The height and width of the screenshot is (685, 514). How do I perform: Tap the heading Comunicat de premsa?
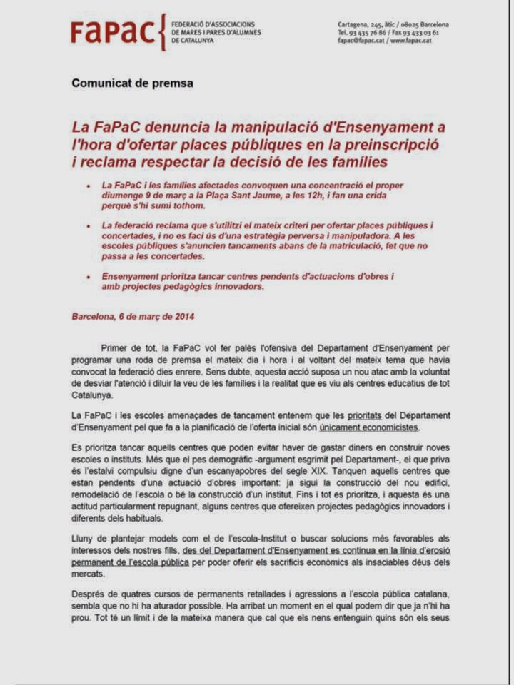(x=132, y=83)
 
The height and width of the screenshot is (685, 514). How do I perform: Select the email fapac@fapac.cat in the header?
(x=362, y=41)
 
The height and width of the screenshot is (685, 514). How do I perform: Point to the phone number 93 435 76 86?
(x=371, y=33)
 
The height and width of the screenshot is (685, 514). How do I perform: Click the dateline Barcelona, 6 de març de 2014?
(x=133, y=316)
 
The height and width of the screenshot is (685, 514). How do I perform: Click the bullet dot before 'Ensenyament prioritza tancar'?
(x=88, y=275)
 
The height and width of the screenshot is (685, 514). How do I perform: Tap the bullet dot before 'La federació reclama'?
(x=88, y=226)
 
